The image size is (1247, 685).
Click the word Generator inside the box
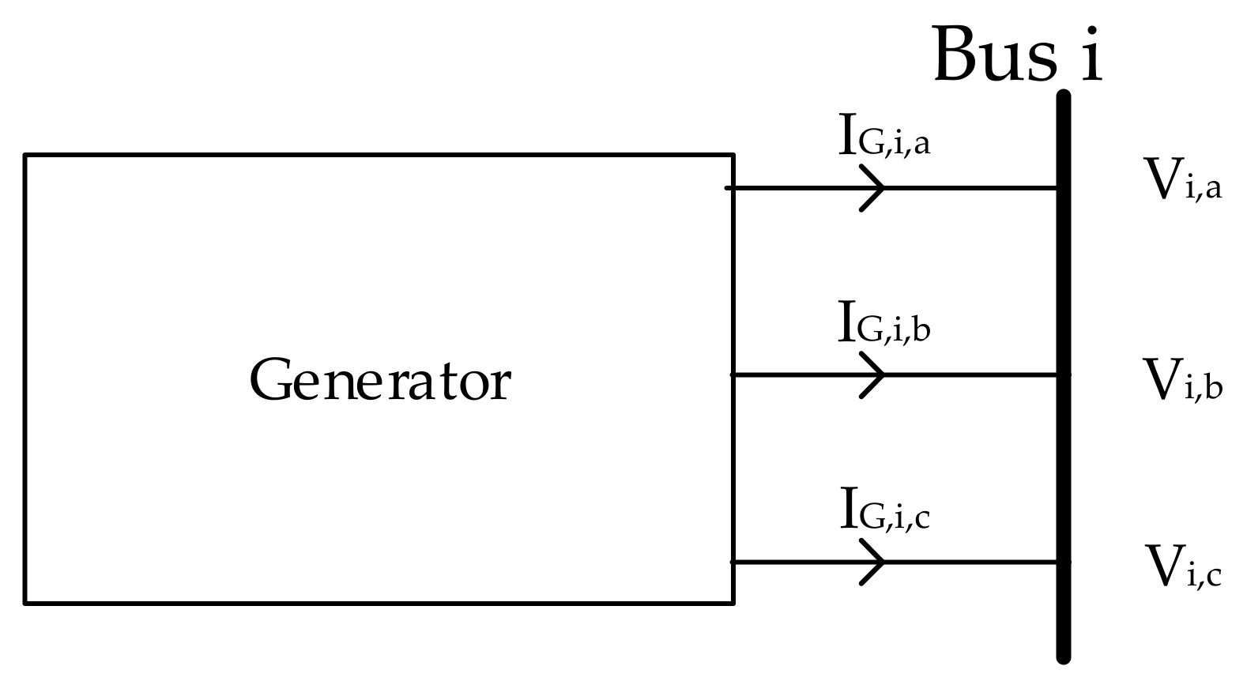(x=380, y=381)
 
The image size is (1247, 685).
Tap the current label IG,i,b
(x=883, y=323)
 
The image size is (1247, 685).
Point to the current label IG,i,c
(x=883, y=510)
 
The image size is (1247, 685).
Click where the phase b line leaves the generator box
(x=734, y=374)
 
